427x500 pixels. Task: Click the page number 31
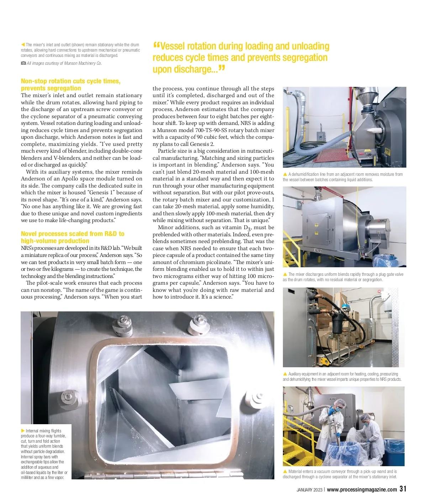click(x=402, y=489)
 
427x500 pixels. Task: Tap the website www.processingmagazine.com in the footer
click(x=362, y=490)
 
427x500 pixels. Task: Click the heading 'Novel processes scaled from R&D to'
click(x=73, y=234)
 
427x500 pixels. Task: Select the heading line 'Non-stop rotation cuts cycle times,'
click(x=70, y=81)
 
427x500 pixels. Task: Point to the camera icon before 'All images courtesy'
click(x=23, y=63)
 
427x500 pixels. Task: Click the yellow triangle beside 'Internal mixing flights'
click(x=23, y=431)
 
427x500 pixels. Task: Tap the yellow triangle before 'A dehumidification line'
click(x=285, y=174)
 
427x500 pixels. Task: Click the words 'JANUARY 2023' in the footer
click(x=310, y=490)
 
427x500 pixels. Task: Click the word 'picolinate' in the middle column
click(x=218, y=262)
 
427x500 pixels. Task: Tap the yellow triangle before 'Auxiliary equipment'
click(x=285, y=374)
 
